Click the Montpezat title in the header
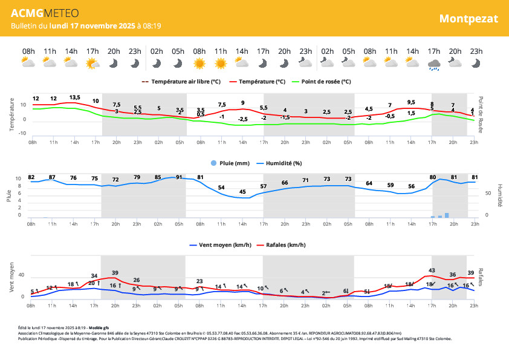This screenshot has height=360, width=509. point(468,18)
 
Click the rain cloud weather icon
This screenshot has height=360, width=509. point(433,64)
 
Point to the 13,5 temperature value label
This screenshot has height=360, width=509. point(74,97)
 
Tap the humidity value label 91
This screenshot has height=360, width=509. point(179,177)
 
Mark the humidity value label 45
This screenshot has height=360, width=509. point(242,192)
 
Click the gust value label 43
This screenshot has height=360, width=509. point(432,270)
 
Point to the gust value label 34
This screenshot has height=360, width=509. point(94,276)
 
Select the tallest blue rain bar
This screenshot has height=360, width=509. point(447,214)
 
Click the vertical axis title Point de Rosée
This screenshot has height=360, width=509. point(481,114)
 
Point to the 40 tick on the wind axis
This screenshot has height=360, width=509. point(21,276)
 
